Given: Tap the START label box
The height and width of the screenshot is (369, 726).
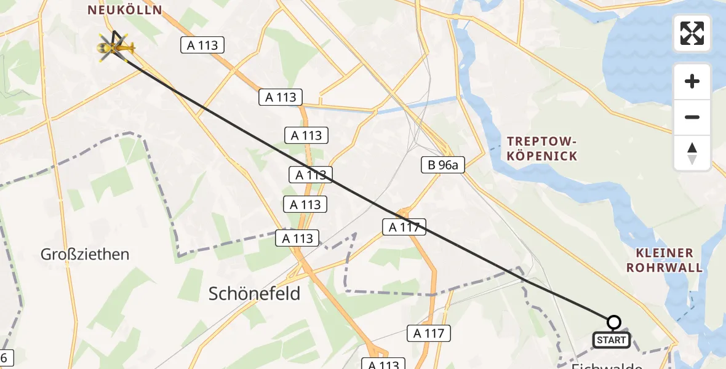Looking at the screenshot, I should tap(611, 339).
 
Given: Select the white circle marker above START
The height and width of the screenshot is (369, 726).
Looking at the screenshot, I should tap(613, 322).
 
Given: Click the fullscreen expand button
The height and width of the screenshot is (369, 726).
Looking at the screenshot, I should tap(692, 33).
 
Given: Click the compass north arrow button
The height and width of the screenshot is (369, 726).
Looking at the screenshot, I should tap(692, 153).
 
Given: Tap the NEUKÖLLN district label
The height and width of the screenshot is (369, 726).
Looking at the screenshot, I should tap(125, 10).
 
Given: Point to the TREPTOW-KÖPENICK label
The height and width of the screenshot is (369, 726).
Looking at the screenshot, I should tap(542, 148).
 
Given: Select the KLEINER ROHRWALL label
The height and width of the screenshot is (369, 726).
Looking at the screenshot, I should tap(669, 260).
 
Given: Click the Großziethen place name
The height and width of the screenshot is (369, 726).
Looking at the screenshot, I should tap(85, 254).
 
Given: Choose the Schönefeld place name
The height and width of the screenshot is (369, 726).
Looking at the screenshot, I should tap(255, 293).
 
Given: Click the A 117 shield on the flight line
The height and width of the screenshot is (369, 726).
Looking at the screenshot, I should tap(404, 227).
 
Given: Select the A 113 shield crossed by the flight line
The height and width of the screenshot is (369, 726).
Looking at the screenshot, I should tap(311, 175).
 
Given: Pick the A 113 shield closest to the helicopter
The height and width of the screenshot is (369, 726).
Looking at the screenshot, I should tap(202, 45).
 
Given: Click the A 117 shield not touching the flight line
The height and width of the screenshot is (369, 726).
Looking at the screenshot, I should tap(429, 333).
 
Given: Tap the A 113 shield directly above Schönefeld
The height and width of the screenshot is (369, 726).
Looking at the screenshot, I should tap(298, 238).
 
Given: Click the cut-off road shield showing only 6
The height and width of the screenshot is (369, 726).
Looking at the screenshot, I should tap(6, 357).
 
